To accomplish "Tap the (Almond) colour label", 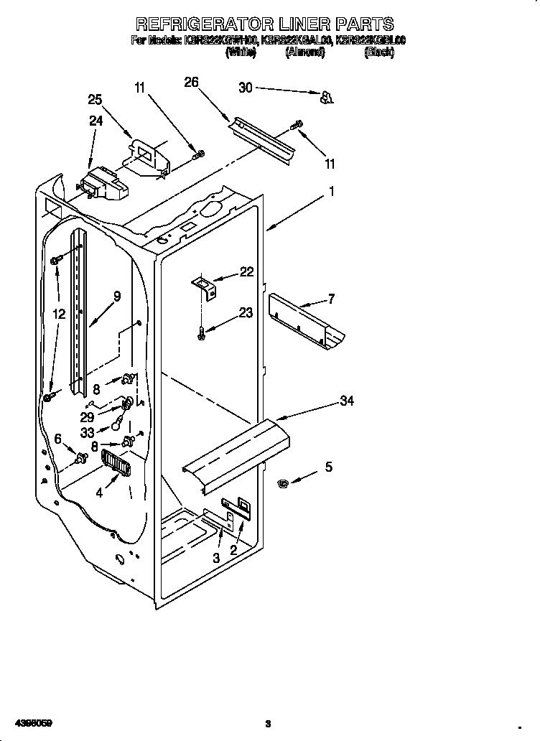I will (308, 52).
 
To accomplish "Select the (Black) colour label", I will (378, 52).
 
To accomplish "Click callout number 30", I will (246, 87).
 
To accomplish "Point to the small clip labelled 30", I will (326, 97).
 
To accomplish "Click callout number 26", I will (191, 82).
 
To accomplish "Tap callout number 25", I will (96, 100).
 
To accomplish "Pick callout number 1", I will (331, 192).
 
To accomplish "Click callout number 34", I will (347, 401).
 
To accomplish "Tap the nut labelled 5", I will (283, 485).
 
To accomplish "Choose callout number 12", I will (59, 313).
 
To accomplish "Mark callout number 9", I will (116, 295).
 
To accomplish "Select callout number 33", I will (87, 433).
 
